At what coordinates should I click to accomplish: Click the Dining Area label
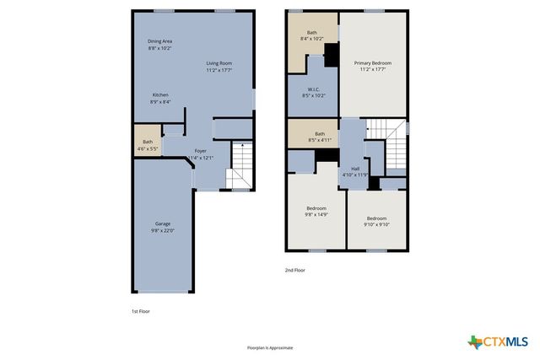(159, 45)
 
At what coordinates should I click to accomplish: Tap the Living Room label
(219, 67)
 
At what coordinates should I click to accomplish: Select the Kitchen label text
(160, 98)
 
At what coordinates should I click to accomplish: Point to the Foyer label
(200, 154)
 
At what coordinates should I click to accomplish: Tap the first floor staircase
(240, 165)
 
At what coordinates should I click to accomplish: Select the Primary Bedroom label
(371, 67)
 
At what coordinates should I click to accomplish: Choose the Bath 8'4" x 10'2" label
(311, 35)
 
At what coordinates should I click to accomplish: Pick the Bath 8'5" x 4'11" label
(320, 137)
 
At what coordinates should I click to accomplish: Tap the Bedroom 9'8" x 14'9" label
(316, 212)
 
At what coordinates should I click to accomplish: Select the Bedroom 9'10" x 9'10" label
(376, 221)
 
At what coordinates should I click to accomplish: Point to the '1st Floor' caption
(140, 311)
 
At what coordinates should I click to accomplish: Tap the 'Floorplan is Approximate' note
(269, 347)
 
